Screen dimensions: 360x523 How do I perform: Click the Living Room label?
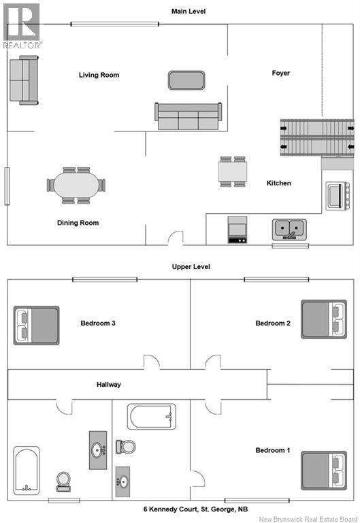(x=99, y=75)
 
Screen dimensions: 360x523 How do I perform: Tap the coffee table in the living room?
(x=186, y=80)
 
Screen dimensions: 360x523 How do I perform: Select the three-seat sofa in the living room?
(x=188, y=116)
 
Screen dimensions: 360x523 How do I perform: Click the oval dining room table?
(x=76, y=185)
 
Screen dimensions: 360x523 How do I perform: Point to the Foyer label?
(x=280, y=73)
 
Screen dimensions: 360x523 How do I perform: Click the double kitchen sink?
(x=289, y=229)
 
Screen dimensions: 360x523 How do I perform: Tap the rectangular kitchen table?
(x=233, y=172)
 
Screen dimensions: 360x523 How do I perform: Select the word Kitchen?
(x=278, y=183)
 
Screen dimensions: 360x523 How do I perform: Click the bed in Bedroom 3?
(x=36, y=326)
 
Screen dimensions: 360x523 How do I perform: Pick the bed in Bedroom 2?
(x=324, y=319)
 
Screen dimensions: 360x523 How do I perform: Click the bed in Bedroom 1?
(x=324, y=471)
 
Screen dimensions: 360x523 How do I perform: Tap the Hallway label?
(x=109, y=385)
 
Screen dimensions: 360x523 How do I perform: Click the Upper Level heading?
(x=191, y=266)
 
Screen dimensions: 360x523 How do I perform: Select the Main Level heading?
(x=189, y=12)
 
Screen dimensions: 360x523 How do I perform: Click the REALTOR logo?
(x=22, y=26)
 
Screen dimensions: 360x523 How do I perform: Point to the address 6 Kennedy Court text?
(x=196, y=509)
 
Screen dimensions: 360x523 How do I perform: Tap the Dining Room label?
(x=78, y=223)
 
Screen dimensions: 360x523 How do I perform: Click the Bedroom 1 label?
(x=273, y=450)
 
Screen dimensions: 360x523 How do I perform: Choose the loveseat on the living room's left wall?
(x=24, y=80)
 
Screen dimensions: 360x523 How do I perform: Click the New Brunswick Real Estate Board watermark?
(x=308, y=519)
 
